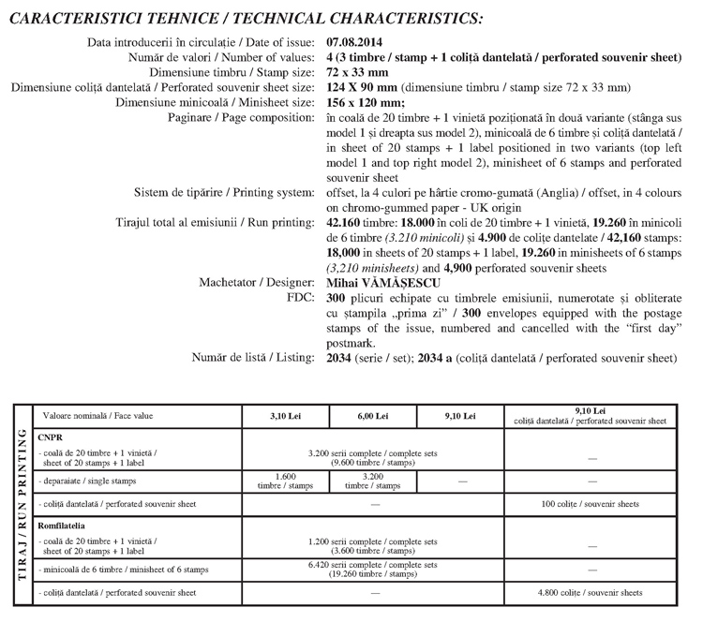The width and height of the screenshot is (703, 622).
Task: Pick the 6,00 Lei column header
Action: tap(373, 416)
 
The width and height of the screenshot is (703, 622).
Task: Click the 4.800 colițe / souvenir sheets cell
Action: tap(589, 593)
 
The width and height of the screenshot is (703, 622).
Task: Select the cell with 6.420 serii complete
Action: tap(373, 570)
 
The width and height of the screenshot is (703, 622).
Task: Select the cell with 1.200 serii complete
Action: tap(373, 545)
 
